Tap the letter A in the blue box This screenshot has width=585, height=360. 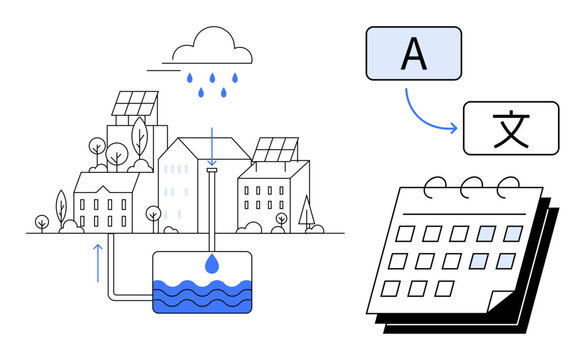pyautogui.click(x=413, y=54)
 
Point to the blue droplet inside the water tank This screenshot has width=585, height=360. pyautogui.click(x=210, y=264)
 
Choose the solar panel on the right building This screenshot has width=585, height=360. pyautogui.click(x=274, y=150)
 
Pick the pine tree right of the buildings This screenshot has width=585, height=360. pyautogui.click(x=306, y=210)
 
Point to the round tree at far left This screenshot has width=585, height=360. pyautogui.click(x=42, y=221)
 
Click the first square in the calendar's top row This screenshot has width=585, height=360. pyautogui.click(x=406, y=232)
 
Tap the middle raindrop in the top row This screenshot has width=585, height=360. pyautogui.click(x=210, y=77)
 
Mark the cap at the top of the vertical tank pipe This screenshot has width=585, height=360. pyautogui.click(x=210, y=170)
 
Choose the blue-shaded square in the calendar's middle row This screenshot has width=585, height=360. pyautogui.click(x=479, y=262)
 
